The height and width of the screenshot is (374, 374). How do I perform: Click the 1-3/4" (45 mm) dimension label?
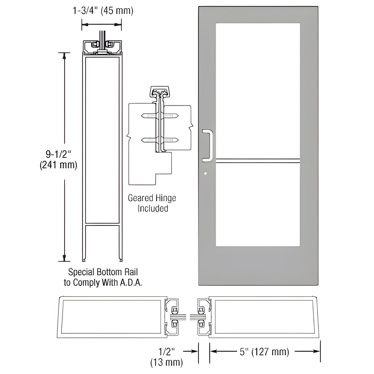(103, 11)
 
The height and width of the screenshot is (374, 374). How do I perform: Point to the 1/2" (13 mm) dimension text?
(166, 357)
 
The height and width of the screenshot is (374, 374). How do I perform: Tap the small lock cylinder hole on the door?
(205, 173)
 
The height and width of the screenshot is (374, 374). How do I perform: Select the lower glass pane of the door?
(258, 204)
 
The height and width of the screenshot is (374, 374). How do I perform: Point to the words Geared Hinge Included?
(152, 203)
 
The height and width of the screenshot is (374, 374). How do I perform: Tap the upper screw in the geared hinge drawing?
(159, 115)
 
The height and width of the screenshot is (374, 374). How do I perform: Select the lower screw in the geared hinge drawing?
(159, 140)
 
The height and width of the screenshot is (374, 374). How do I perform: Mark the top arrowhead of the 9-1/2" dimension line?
(64, 55)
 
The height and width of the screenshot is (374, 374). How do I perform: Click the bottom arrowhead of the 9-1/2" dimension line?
(64, 259)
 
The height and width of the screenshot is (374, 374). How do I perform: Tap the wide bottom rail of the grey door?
(258, 265)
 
